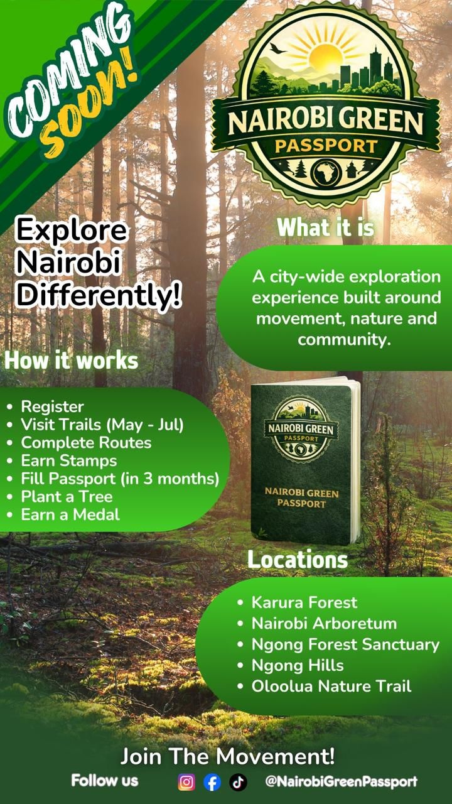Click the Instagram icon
pos(186,782)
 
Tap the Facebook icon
pos(212,782)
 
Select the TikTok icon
pos(238,782)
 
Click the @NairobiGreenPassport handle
pos(341,782)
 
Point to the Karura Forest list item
pos(304,603)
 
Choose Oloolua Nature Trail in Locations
pos(331,686)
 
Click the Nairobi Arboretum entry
pos(324,624)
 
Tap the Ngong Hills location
pos(298,665)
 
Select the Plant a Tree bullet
pos(67,497)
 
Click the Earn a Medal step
pos(70,515)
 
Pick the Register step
pos(52,406)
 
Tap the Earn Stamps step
pos(69,460)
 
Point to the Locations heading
pos(297,560)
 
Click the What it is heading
pos(325,227)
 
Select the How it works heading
pos(71,361)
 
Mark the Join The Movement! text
pos(227,756)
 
